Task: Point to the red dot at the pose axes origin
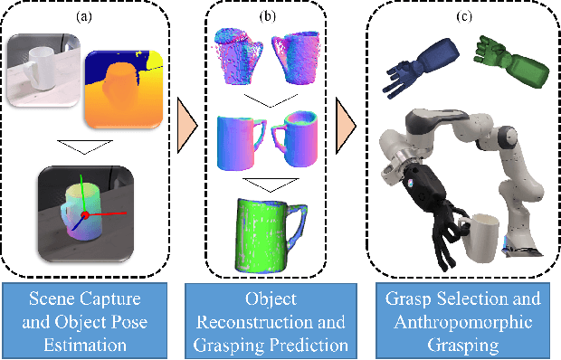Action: [x=83, y=215]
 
